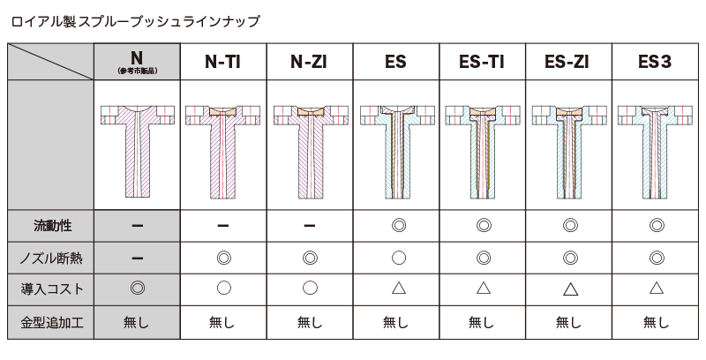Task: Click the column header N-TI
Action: [223, 62]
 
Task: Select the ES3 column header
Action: [655, 62]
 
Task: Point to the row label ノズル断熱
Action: [51, 259]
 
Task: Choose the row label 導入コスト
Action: [52, 289]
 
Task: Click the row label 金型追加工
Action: [52, 322]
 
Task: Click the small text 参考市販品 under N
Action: [137, 71]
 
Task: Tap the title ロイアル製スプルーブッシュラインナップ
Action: [136, 21]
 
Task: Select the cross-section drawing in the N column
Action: [138, 152]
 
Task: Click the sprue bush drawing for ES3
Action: [655, 152]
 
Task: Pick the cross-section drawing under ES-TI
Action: [483, 152]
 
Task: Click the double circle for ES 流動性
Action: [399, 225]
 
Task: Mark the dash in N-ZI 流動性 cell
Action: [310, 226]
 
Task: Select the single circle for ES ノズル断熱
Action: [399, 258]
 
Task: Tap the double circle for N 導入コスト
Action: [138, 288]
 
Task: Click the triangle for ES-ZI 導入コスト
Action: [570, 289]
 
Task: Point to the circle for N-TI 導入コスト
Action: [224, 288]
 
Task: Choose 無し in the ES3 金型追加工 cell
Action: [656, 322]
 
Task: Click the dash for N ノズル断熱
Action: [138, 259]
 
